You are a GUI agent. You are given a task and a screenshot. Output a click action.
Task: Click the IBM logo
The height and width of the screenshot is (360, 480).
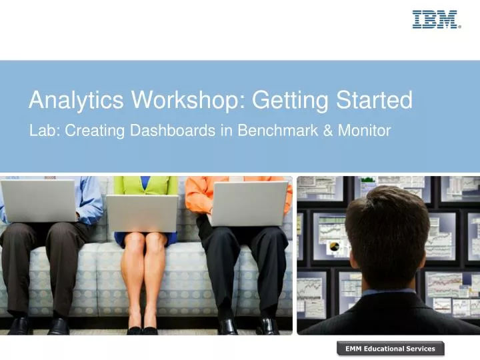pos(436,19)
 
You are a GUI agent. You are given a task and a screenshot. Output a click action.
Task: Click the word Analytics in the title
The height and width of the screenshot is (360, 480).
pos(76,101)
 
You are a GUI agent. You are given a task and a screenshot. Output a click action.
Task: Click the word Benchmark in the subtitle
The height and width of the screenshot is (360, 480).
pos(261,131)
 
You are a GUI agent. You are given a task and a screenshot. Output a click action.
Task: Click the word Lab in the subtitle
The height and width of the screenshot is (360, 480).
pos(41,131)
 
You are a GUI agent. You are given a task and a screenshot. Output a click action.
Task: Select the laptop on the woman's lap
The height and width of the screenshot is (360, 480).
pos(142,213)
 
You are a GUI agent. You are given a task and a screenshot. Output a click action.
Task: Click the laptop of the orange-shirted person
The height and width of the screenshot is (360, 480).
pos(249,203)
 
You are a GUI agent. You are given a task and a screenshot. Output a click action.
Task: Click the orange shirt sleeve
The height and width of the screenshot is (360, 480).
pos(197,193)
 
